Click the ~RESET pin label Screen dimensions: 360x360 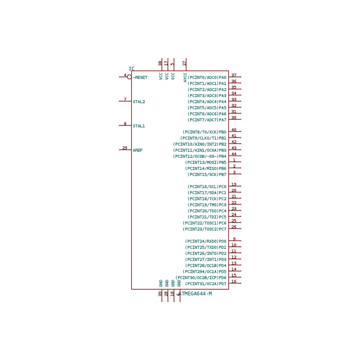coord(140,78)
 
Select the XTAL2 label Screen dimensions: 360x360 coord(139,102)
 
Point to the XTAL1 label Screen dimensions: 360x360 coord(139,126)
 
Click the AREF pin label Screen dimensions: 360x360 coord(138,150)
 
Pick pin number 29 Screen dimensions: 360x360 coord(125,148)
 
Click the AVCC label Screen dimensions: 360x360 coord(185,77)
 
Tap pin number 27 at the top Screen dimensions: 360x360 coord(184,63)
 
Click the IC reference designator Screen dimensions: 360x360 coord(131,68)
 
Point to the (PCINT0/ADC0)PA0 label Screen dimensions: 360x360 coord(207,78)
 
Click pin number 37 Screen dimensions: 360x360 coord(234,75)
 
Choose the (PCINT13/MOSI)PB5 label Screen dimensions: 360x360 coord(206,163)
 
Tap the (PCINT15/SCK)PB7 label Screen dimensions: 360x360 coord(207,175)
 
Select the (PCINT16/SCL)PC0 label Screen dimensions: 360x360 coord(207,187)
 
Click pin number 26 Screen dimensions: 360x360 coord(234,227)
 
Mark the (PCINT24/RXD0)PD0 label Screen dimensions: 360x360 coord(206,241)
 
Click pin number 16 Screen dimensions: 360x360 coord(234,282)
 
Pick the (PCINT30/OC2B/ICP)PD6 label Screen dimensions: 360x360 coord(201,278)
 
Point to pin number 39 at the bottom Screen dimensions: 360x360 coord(160,294)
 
